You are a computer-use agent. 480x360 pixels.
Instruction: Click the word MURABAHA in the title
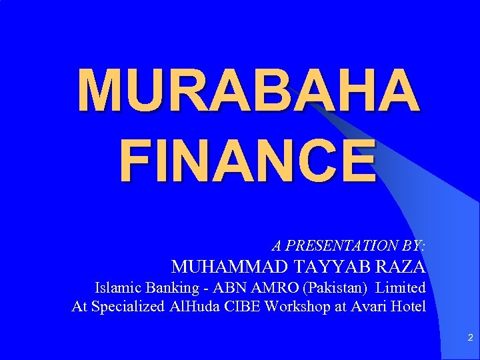pyautogui.click(x=249, y=90)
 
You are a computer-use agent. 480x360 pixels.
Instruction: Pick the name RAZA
pyautogui.click(x=401, y=267)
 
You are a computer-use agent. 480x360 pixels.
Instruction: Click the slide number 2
pyautogui.click(x=470, y=339)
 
